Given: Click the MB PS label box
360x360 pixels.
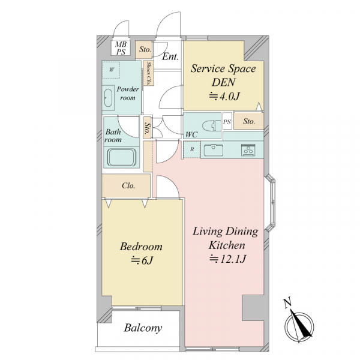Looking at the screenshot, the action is point(121,48).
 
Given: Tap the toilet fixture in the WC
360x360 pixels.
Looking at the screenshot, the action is point(211,126).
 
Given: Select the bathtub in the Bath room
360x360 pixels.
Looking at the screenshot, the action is point(121,157).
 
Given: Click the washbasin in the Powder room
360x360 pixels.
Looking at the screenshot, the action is point(108,98).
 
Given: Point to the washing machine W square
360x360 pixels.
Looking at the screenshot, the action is point(111,70).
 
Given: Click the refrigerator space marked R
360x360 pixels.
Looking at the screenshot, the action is point(192,149).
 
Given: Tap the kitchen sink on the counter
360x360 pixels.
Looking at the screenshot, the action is point(214,150).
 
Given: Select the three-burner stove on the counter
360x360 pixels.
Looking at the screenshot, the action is point(248,150).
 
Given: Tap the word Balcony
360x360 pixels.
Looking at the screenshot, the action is point(143,328).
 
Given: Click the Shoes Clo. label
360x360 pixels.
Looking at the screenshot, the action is point(149,73).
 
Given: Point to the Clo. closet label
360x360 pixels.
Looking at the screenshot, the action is point(128,185).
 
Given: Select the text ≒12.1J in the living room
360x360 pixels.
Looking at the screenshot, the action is point(227,259).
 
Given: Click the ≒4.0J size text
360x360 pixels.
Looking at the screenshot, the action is point(224,97).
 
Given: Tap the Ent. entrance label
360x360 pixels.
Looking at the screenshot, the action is point(170,57).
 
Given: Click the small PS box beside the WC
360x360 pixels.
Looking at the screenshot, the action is point(227,122).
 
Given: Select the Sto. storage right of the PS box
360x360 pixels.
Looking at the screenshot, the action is point(249,121).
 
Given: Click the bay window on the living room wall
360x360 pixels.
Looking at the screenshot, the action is point(270,202).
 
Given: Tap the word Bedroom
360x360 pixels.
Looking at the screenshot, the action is point(141,247).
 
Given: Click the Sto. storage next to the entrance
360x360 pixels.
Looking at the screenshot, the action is point(145,49).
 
